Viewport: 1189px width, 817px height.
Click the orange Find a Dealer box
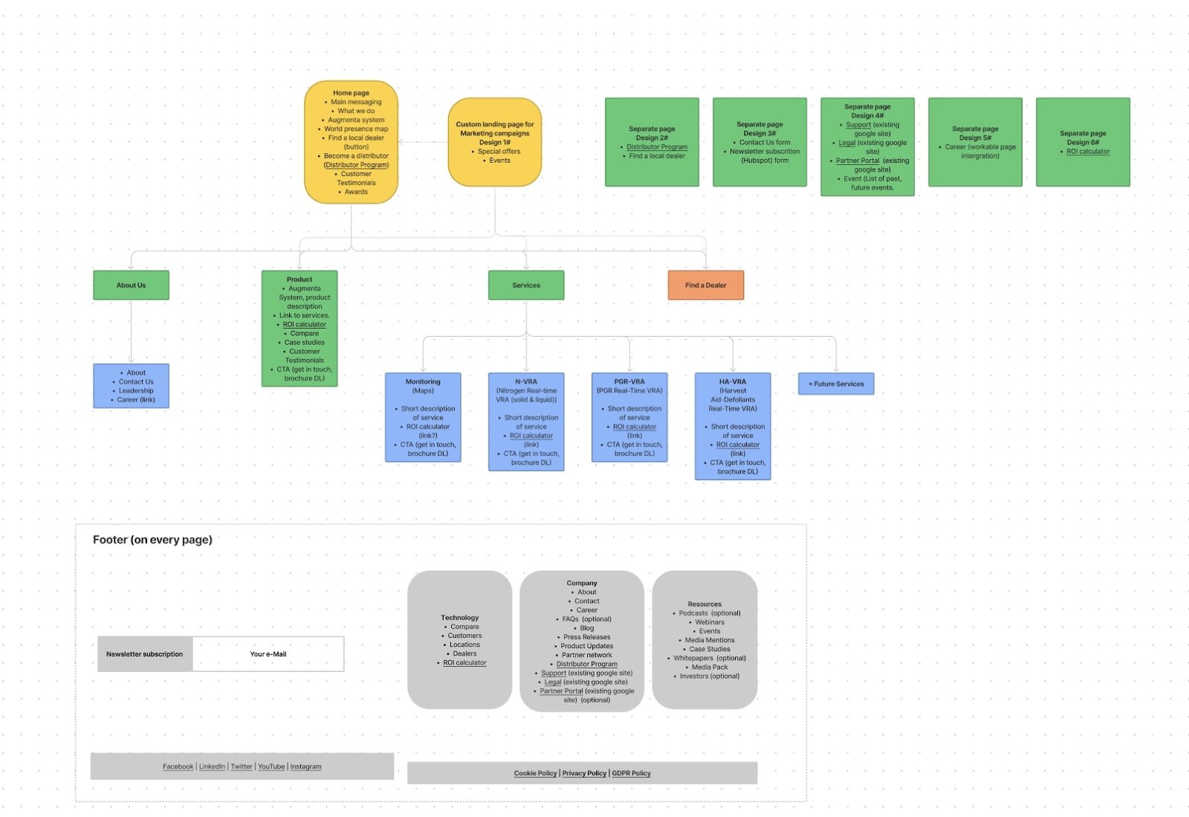[705, 285]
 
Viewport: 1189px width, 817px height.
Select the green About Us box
[131, 285]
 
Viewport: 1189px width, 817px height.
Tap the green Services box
[526, 285]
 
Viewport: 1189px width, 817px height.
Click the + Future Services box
[836, 384]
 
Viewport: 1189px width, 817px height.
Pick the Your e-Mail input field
[268, 654]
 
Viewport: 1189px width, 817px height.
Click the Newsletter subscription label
[144, 654]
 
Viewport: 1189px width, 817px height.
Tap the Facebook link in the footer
[178, 766]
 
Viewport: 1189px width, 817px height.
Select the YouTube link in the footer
[271, 766]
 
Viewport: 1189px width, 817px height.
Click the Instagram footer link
[305, 766]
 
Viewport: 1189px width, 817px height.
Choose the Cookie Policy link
[535, 773]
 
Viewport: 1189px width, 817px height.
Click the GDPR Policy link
[631, 773]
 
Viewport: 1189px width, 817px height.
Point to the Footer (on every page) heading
[152, 540]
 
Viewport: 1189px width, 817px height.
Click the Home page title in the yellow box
[351, 93]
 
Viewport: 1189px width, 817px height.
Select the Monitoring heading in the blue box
[423, 381]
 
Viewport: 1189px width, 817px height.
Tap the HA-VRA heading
[733, 381]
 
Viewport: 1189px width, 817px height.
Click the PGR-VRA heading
[629, 381]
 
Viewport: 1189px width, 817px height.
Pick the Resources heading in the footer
[704, 604]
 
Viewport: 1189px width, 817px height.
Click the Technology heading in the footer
[459, 618]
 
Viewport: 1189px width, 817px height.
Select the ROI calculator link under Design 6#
[1088, 152]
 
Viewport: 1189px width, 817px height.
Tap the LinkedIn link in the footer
[212, 766]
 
